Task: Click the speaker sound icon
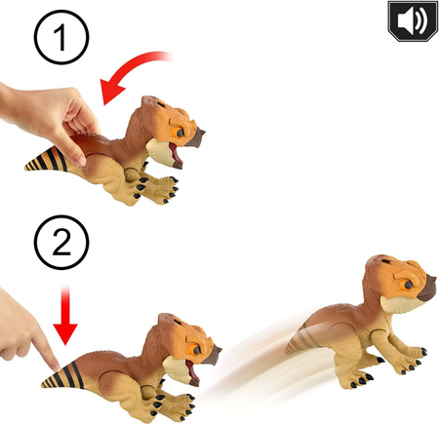[x=413, y=20]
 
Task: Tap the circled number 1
[x=61, y=37]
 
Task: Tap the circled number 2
[x=61, y=243]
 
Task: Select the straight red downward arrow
[x=65, y=315]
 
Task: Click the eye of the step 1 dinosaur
[x=178, y=133]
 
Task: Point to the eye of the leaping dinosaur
[x=407, y=285]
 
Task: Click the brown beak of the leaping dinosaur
[x=427, y=289]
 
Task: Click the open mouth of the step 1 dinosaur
[x=176, y=155]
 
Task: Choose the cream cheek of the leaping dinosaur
[x=398, y=305]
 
